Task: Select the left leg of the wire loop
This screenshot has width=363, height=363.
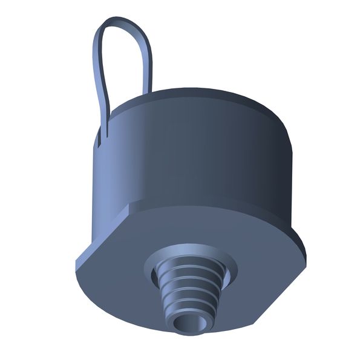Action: [x=98, y=73]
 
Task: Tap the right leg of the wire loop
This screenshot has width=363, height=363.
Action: [x=146, y=67]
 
